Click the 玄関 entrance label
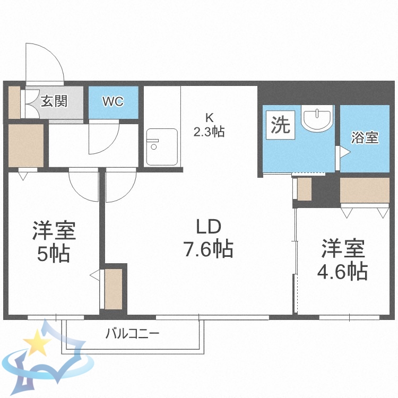54,101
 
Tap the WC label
113,101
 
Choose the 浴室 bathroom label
365,137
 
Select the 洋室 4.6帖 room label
342,260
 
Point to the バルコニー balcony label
132,334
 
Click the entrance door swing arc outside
45,61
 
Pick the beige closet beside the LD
114,289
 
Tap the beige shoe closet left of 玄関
14,102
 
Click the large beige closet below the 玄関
26,145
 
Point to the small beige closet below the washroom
305,189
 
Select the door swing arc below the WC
103,137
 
